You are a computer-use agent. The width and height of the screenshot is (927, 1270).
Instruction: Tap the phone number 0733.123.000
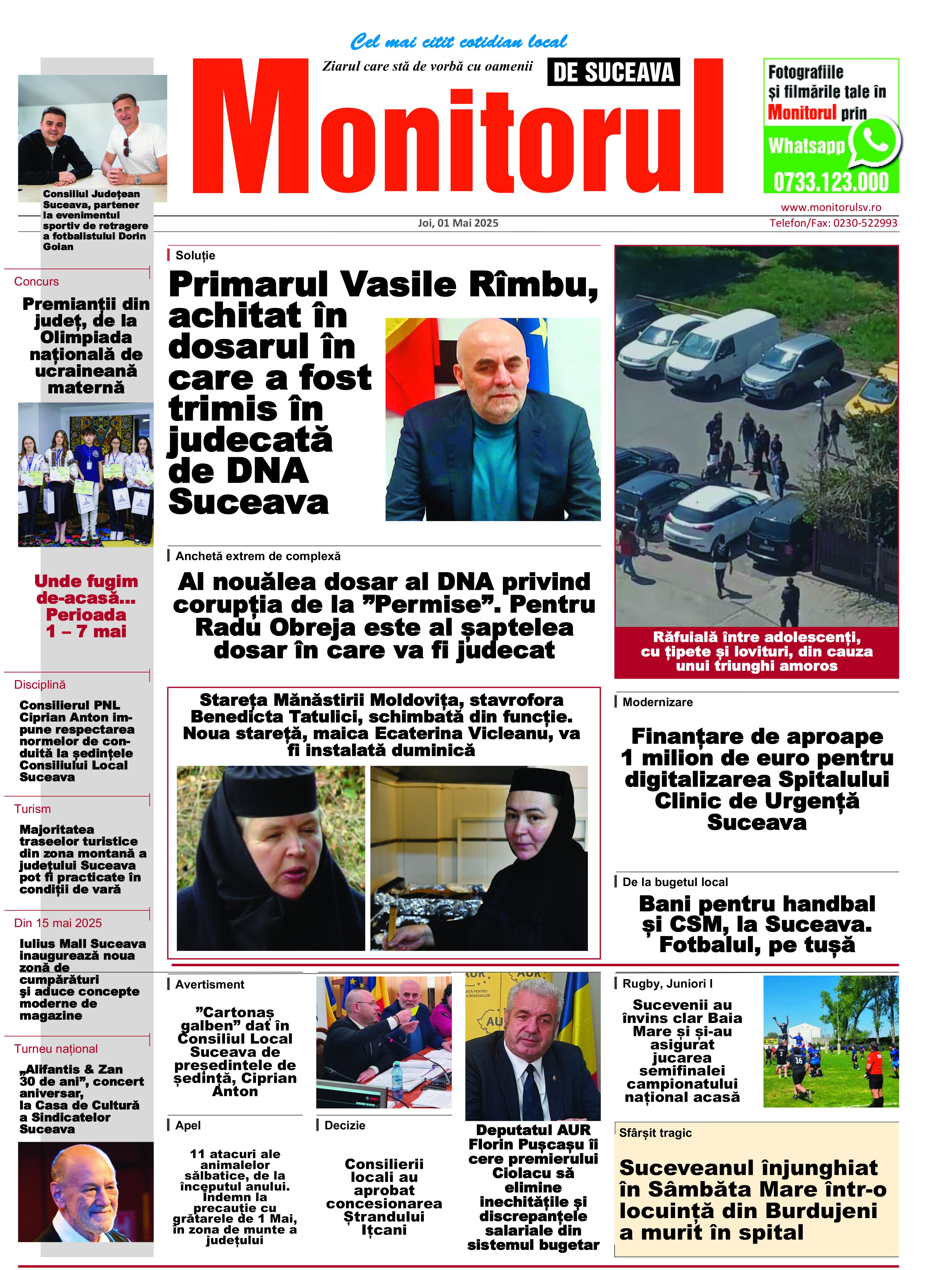pyautogui.click(x=831, y=182)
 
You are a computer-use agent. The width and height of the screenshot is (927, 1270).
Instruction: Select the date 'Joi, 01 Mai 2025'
pyautogui.click(x=458, y=223)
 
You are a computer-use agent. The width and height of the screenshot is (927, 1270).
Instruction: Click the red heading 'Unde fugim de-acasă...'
pyautogui.click(x=86, y=589)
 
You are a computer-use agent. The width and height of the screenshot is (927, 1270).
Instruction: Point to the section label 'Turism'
pyautogui.click(x=32, y=809)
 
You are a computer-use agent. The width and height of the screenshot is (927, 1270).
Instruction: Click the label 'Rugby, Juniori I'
pyautogui.click(x=667, y=983)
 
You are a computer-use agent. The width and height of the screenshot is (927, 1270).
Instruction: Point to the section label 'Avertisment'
pyautogui.click(x=209, y=984)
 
